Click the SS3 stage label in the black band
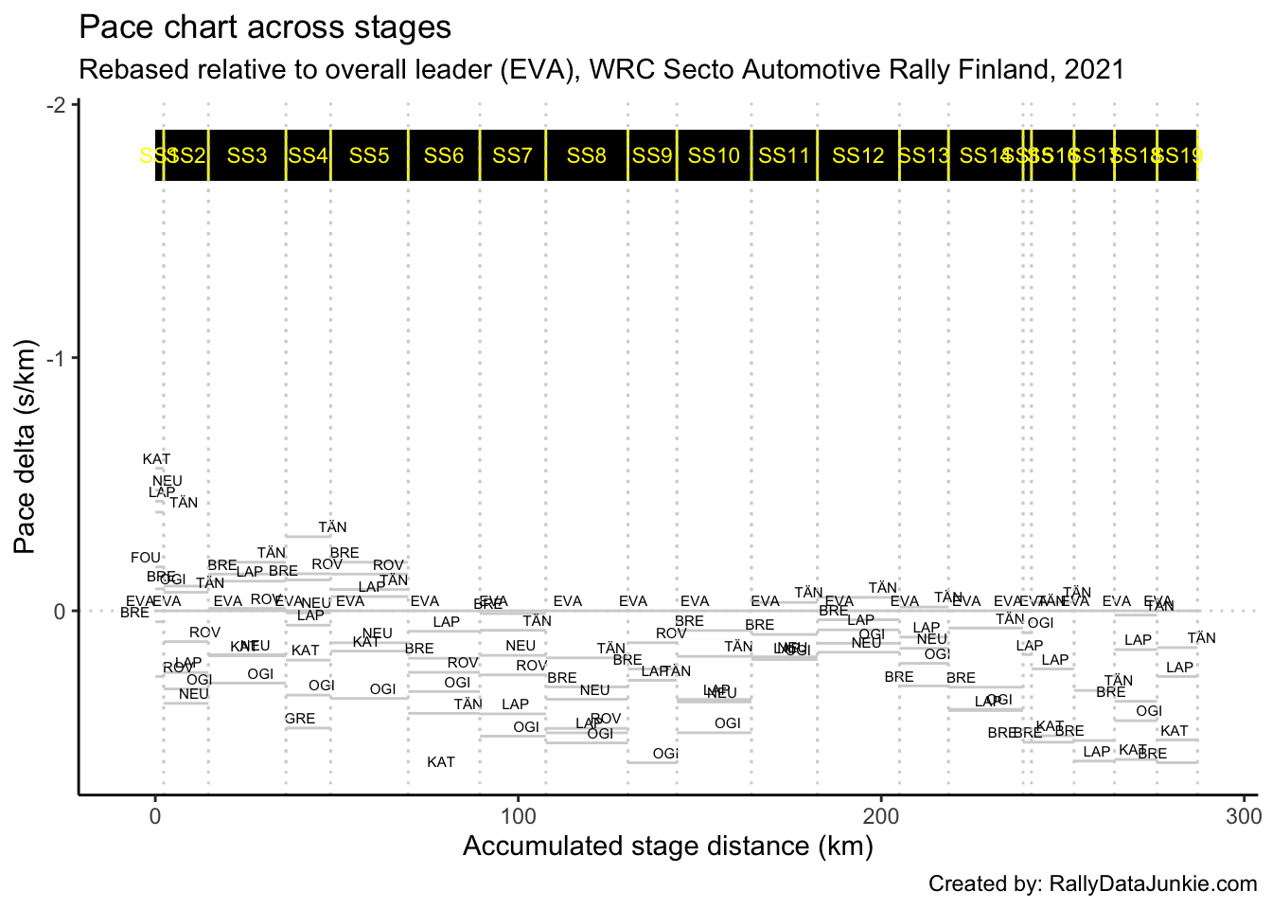247,155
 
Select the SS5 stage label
369,155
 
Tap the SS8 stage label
586,155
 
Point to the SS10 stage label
714,155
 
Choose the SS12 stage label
857,155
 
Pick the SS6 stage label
444,155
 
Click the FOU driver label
146,558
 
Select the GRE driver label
300,719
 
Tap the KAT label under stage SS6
441,762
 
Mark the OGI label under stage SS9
665,754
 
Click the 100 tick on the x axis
518,815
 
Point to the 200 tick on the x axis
881,815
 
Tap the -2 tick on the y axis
59,104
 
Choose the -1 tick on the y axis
59,358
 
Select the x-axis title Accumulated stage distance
667,846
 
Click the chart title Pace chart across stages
265,27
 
